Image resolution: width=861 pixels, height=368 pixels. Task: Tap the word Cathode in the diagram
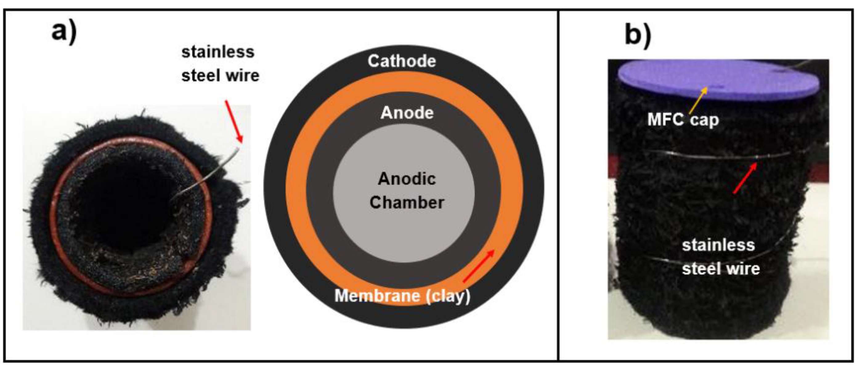pyautogui.click(x=402, y=61)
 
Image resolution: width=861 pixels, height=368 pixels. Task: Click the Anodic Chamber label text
pyautogui.click(x=407, y=191)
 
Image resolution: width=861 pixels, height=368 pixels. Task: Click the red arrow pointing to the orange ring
pyautogui.click(x=479, y=266)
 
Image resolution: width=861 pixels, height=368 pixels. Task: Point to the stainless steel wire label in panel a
pyautogui.click(x=220, y=64)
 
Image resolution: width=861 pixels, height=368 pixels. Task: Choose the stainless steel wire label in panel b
pyautogui.click(x=721, y=257)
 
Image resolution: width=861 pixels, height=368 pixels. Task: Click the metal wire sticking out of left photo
pyautogui.click(x=214, y=170)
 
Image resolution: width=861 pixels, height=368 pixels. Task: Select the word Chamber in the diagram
pyautogui.click(x=407, y=202)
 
